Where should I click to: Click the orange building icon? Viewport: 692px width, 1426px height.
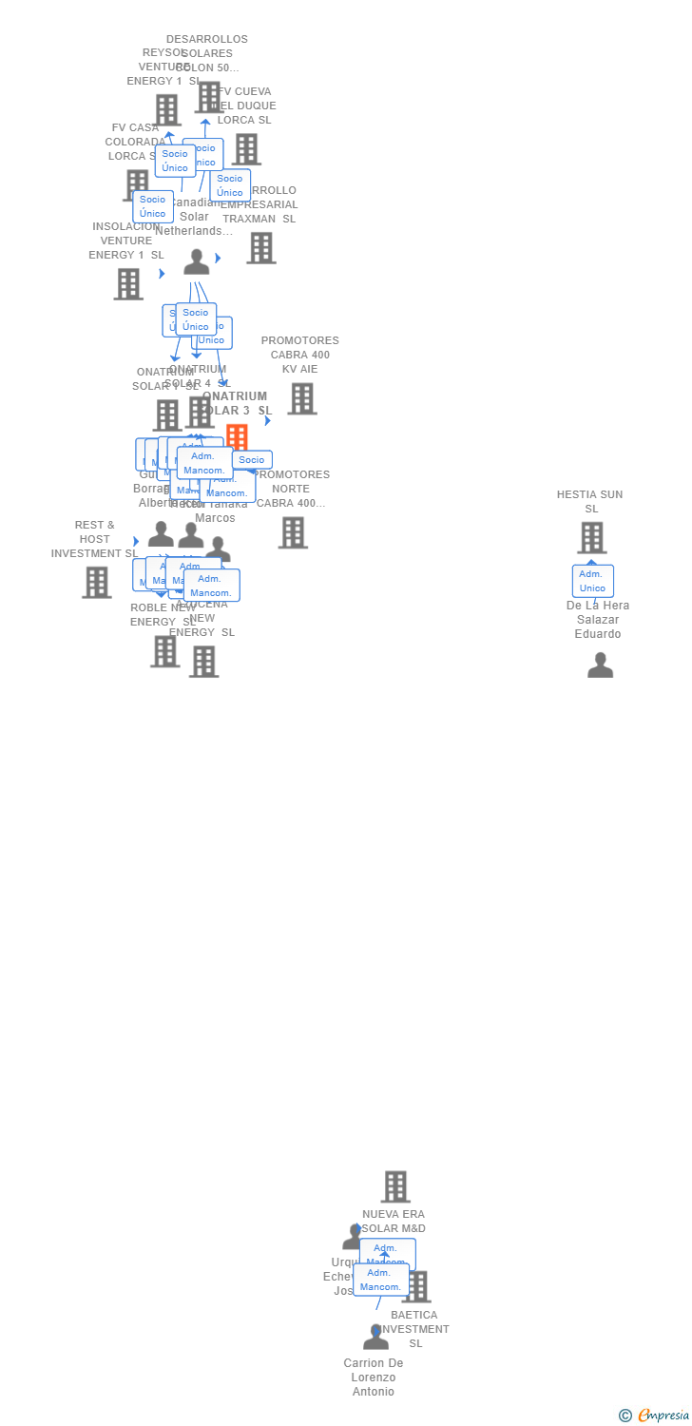(237, 437)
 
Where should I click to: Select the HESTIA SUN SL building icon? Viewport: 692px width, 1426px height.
(591, 538)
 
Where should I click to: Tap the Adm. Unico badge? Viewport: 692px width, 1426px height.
(592, 581)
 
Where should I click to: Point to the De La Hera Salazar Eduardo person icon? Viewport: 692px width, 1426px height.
(600, 665)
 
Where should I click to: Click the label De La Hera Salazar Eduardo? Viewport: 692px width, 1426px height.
(597, 620)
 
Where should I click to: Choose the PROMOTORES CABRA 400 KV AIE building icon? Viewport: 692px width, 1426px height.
(301, 399)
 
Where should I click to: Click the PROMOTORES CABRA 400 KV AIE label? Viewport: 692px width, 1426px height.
(299, 355)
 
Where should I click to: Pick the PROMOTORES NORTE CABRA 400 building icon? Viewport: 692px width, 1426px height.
(293, 532)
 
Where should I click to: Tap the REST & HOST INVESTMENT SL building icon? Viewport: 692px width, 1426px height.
(96, 582)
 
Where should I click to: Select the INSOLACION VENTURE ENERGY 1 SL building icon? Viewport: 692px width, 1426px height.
(128, 284)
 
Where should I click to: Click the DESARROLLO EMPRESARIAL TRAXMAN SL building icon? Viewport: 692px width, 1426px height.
(260, 248)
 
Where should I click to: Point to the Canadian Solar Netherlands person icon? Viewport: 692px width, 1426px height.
(197, 262)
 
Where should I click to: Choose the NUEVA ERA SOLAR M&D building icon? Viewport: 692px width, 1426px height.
(395, 1186)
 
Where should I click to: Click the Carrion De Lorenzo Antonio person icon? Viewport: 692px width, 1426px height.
(375, 1338)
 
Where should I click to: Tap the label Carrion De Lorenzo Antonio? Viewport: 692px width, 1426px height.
(374, 1378)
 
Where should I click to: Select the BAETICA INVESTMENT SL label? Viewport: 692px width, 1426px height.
(414, 1329)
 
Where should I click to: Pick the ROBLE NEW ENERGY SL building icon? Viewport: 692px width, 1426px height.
(164, 651)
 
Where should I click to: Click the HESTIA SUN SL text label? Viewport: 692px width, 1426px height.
(590, 501)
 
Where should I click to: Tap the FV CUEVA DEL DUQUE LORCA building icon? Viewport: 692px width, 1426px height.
(246, 149)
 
